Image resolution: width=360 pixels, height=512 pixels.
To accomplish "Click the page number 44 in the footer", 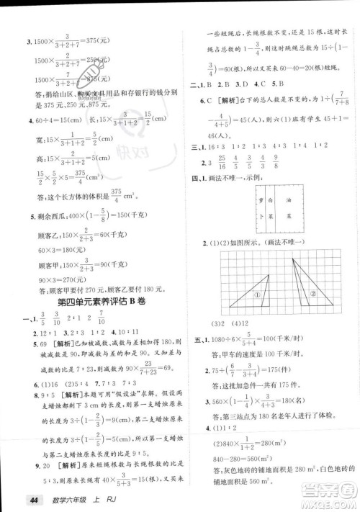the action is tap(32, 501).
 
